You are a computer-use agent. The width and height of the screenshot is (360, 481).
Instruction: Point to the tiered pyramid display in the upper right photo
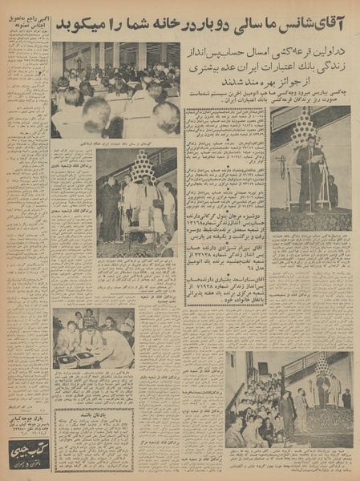click(x=305, y=128)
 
